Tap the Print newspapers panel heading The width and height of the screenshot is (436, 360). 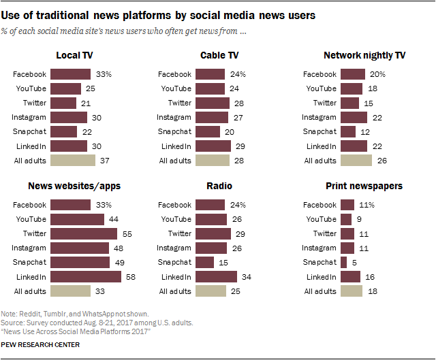[373, 186]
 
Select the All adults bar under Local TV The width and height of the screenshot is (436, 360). [72, 161]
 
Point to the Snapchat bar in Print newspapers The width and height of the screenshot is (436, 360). [343, 262]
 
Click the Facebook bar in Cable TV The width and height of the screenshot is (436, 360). [210, 74]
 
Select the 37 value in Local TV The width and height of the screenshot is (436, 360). [104, 161]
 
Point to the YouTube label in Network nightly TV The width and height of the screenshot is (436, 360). [321, 88]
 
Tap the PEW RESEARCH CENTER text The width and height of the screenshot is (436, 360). [41, 345]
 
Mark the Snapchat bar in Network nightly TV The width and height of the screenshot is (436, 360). [348, 131]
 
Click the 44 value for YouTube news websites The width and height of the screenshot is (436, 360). [113, 219]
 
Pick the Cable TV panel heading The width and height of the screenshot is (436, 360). [219, 55]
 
